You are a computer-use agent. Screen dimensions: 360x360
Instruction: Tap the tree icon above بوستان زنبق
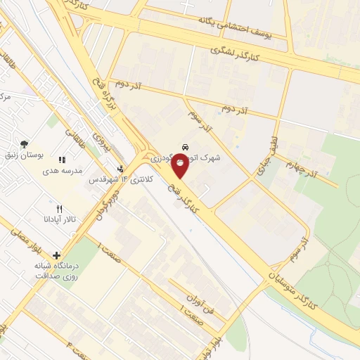25,143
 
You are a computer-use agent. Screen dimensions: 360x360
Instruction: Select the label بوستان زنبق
25,155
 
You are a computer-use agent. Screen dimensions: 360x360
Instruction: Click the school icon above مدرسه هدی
62,160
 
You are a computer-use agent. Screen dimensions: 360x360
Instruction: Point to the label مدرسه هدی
62,171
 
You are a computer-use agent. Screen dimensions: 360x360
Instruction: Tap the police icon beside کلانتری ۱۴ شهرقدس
120,169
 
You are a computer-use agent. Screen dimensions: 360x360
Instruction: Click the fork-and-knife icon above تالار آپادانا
59,209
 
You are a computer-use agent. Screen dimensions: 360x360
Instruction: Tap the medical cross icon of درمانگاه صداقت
56,255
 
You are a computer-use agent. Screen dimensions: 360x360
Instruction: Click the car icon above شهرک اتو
184,147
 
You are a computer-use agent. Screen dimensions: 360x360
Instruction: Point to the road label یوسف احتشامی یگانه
247,27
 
